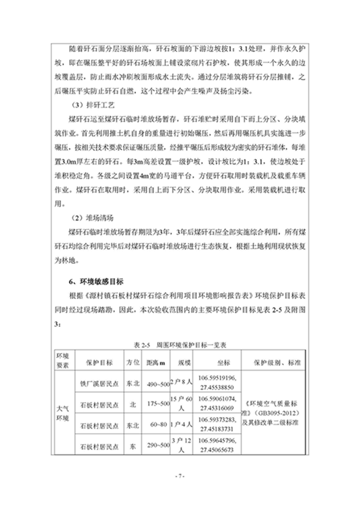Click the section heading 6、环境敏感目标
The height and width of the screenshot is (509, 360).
pos(97,281)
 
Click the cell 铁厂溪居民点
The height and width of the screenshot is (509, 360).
pos(100,383)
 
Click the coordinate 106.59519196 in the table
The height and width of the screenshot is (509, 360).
pos(217,378)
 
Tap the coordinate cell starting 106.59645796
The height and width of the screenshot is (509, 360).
pos(217,445)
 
